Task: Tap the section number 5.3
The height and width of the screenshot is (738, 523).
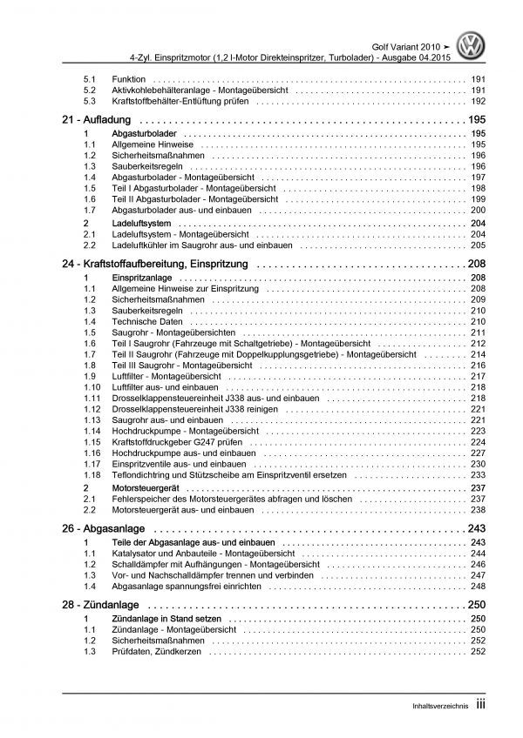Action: point(89,101)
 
